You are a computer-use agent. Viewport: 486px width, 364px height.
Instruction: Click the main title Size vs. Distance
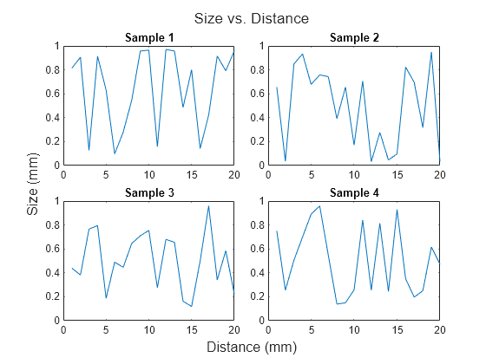pyautogui.click(x=251, y=18)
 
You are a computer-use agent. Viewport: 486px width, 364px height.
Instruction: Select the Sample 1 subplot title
pyautogui.click(x=148, y=37)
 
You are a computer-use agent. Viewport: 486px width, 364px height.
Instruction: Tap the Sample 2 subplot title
pyautogui.click(x=354, y=37)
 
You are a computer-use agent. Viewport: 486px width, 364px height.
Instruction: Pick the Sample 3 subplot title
pyautogui.click(x=148, y=192)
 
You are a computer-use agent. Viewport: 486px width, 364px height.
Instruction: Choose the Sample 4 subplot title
pyautogui.click(x=354, y=192)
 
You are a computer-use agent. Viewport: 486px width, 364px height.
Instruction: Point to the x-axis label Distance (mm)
pyautogui.click(x=251, y=347)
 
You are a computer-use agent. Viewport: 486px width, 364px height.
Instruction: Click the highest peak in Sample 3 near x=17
pyautogui.click(x=208, y=205)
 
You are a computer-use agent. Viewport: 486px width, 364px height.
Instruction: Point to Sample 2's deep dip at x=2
pyautogui.click(x=286, y=161)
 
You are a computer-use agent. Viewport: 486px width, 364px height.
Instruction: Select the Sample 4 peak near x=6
pyautogui.click(x=320, y=205)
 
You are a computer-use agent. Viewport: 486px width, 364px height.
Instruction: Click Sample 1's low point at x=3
pyautogui.click(x=89, y=151)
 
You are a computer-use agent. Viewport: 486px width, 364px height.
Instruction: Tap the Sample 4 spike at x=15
pyautogui.click(x=397, y=209)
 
